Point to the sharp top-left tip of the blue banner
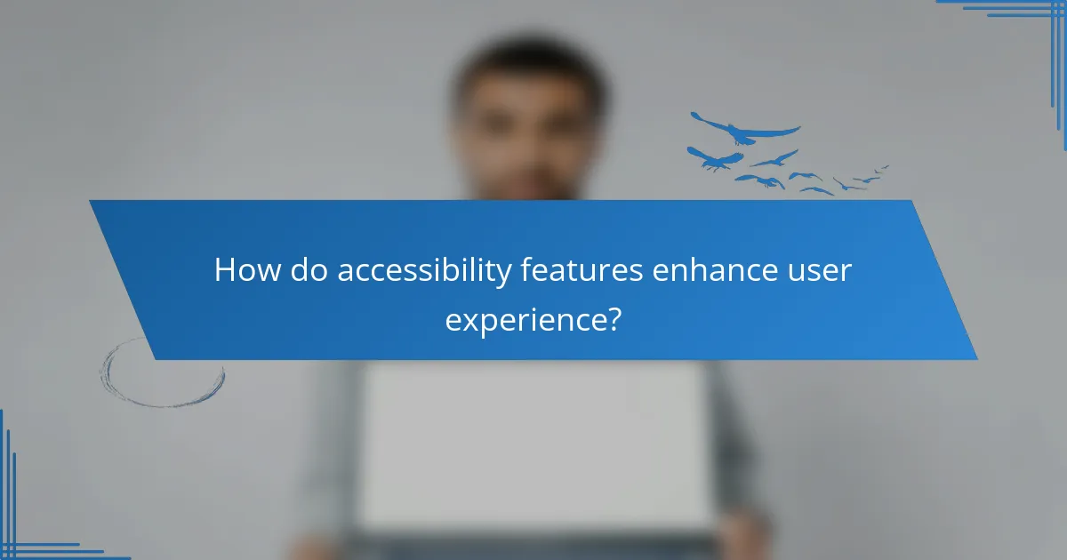point(92,202)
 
